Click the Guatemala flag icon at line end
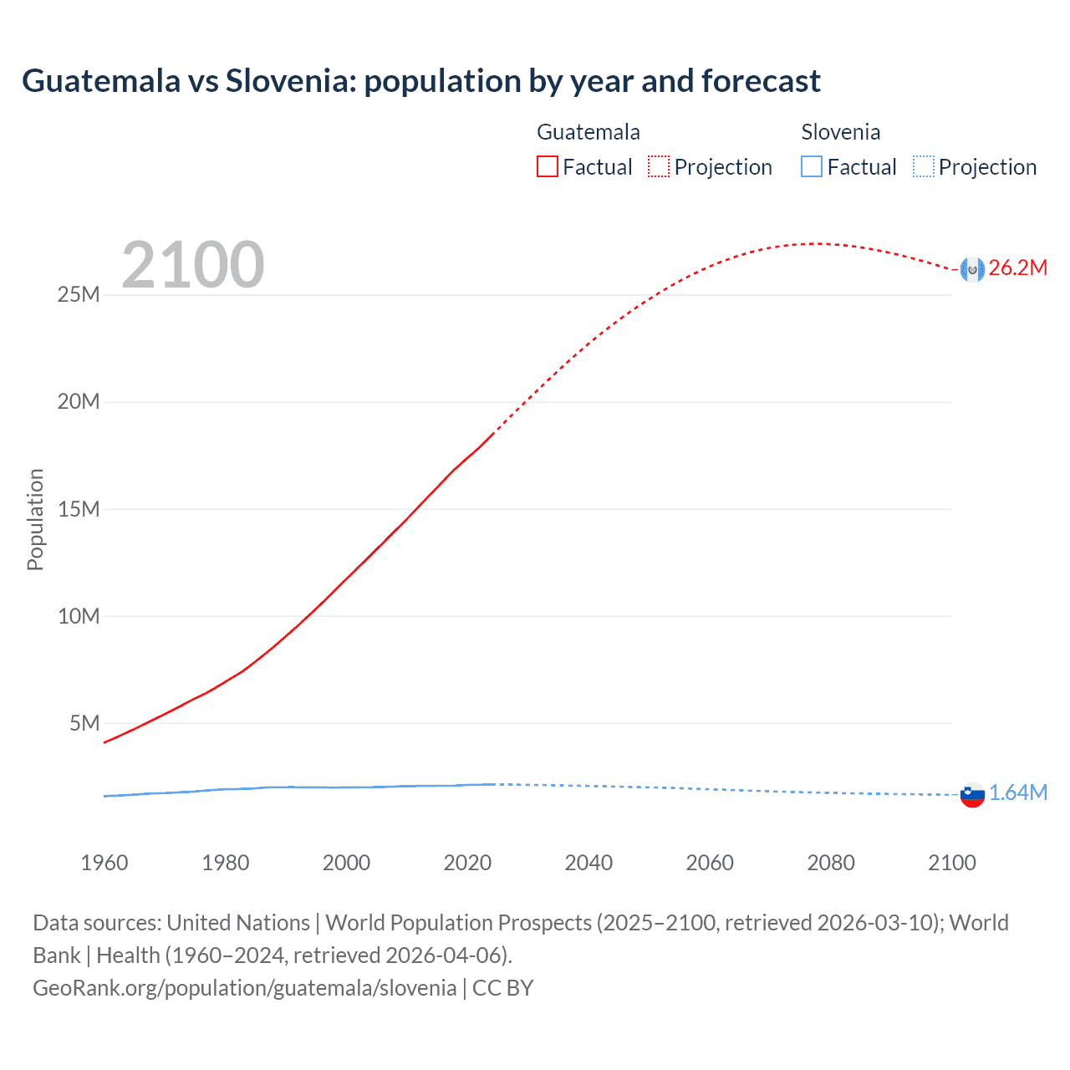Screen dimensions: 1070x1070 (x=972, y=269)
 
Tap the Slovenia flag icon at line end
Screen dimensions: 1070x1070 (x=972, y=794)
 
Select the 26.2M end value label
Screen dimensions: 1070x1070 (x=1017, y=268)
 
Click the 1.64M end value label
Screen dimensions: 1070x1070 (x=1017, y=793)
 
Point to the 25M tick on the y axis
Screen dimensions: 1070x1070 (x=79, y=295)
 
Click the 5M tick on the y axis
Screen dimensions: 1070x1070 (x=84, y=723)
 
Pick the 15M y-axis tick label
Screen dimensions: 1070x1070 (x=79, y=509)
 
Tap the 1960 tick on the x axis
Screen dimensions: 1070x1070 (x=104, y=863)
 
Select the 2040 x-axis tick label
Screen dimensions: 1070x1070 (x=588, y=863)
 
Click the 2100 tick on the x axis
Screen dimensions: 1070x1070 (x=951, y=863)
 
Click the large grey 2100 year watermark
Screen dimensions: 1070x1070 (x=193, y=265)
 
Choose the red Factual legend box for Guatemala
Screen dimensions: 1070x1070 (x=548, y=167)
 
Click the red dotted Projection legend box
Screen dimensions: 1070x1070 (x=659, y=167)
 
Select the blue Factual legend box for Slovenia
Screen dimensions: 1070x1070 (x=812, y=167)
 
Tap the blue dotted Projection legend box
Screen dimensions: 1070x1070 (x=923, y=167)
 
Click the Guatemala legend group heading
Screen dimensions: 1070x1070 (x=588, y=132)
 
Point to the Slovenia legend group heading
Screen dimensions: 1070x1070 (x=840, y=132)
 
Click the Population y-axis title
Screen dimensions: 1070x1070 (x=35, y=519)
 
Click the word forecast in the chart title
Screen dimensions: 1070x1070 (x=761, y=81)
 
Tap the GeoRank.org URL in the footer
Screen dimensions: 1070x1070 (x=245, y=988)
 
